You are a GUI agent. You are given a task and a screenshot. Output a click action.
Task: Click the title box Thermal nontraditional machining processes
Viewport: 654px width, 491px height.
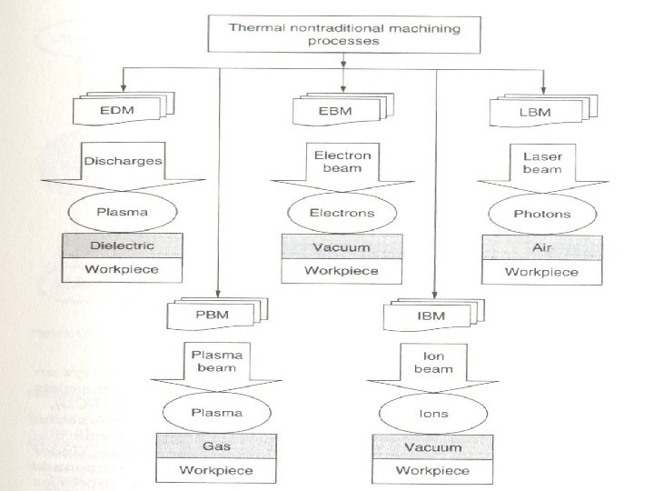344,35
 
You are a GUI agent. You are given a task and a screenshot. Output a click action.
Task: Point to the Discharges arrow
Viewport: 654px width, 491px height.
122,164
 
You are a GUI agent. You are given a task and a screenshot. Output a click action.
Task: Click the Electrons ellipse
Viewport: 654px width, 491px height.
342,214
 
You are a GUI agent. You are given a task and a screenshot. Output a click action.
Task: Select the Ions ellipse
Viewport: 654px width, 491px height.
432,413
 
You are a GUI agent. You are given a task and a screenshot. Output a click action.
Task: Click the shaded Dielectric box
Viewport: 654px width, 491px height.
122,245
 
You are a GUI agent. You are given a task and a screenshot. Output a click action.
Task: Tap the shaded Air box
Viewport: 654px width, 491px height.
541,245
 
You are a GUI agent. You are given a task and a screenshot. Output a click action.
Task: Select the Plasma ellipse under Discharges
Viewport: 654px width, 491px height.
122,214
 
